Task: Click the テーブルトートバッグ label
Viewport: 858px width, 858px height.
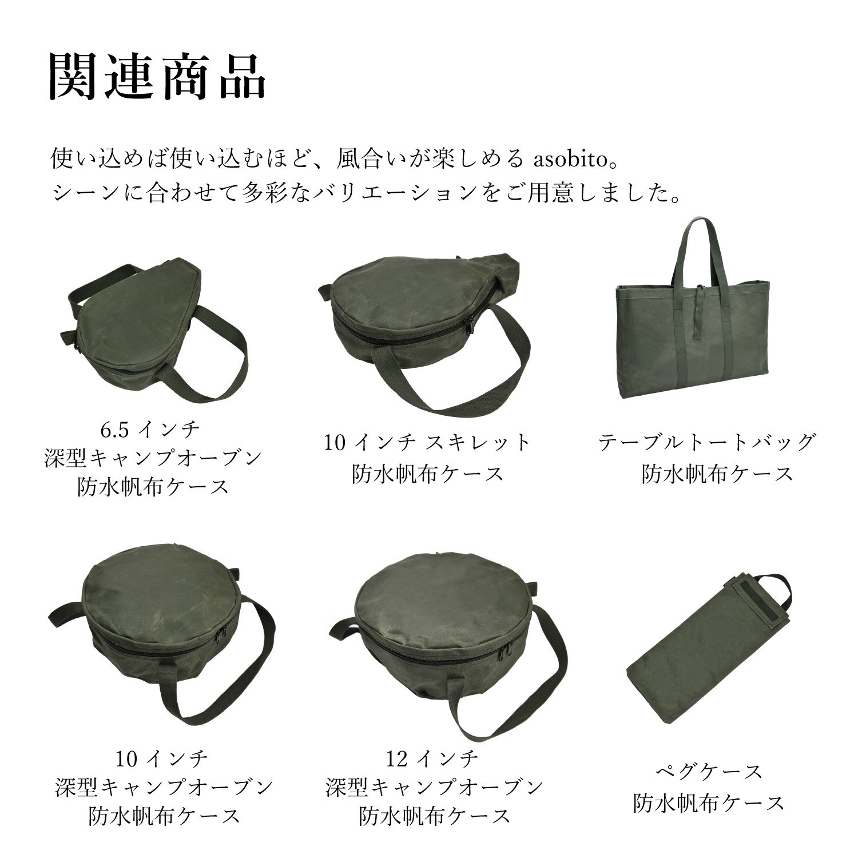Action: (707, 443)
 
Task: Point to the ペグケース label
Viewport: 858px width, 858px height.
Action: (709, 772)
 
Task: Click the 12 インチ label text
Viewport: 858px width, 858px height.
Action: (431, 760)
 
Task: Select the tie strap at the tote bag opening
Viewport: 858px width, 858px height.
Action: (700, 309)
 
